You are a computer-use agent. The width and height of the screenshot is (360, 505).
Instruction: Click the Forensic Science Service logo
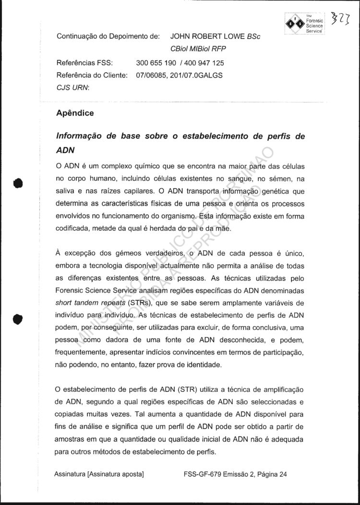[x=304, y=22]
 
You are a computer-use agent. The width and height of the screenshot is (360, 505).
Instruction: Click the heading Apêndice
[x=75, y=114]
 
